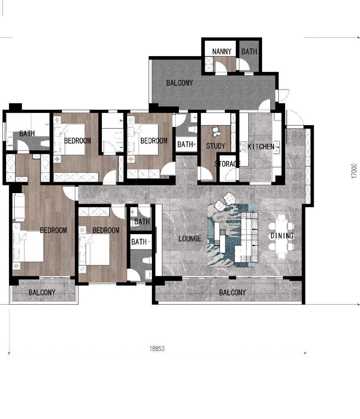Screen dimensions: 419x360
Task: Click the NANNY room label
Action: pos(222,52)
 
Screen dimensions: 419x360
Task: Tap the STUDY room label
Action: pos(215,146)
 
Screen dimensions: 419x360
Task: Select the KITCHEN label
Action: pos(261,146)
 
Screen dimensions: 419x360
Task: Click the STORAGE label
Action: pos(228,164)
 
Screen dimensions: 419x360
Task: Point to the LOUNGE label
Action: pos(190,239)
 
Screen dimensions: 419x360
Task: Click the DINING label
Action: pos(282,236)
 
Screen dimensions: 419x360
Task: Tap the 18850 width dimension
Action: pos(157,349)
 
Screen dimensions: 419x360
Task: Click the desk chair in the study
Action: pos(215,131)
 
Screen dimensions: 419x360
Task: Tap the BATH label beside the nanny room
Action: pos(249,52)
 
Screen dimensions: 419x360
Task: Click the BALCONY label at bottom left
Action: pos(42,293)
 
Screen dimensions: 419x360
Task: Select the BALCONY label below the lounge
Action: pos(232,293)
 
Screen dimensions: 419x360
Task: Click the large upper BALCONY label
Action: pos(179,83)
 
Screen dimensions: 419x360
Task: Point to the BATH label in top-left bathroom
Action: pos(27,133)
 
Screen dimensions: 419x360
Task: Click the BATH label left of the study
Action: pos(185,144)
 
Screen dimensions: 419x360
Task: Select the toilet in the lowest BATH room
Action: pos(146,260)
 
